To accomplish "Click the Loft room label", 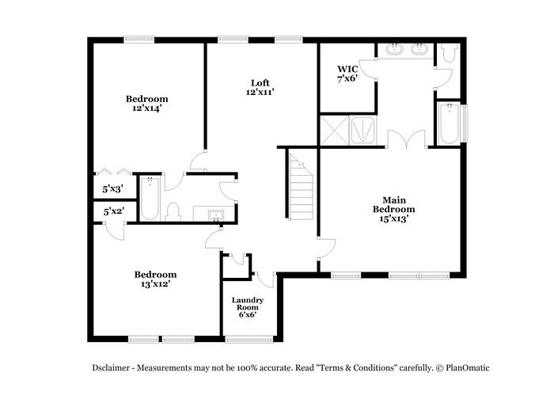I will tap(260, 83).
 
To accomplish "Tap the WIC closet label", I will tap(347, 70).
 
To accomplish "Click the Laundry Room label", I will tap(247, 304).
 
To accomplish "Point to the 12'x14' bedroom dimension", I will tap(147, 108).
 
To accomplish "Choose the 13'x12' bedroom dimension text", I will tap(154, 283).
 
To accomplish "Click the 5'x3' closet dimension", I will tap(112, 189).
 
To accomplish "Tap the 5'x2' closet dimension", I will tap(112, 211).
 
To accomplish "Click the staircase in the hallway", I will tap(301, 190).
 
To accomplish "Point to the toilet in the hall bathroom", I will tap(176, 211).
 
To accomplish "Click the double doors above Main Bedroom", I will tap(406, 139).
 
